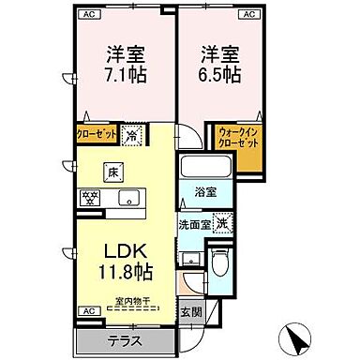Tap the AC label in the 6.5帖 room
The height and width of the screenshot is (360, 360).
tap(250, 16)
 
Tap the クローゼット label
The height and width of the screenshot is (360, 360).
tap(97, 133)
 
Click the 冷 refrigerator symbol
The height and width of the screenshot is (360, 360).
tap(133, 133)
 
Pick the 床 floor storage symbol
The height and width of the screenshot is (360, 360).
tap(112, 172)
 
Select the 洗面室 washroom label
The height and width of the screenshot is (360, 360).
tap(194, 225)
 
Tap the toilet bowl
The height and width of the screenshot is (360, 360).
tap(220, 262)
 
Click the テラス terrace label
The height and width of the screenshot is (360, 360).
tap(125, 340)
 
